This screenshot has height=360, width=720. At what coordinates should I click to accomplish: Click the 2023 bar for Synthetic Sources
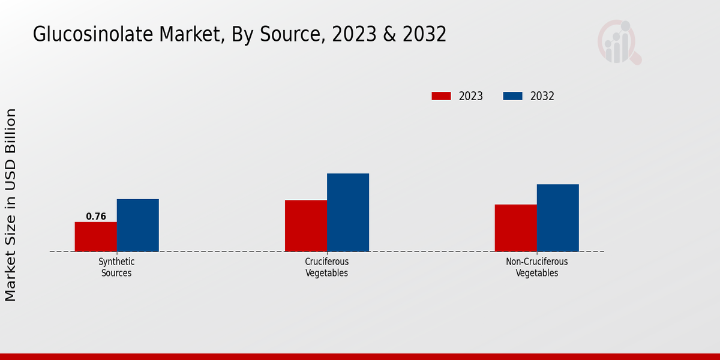(96, 236)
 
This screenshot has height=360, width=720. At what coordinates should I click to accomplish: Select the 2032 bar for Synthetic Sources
(138, 225)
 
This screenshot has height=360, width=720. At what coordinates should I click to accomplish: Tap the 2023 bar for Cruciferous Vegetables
(306, 226)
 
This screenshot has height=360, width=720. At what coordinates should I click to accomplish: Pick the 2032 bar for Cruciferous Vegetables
(348, 212)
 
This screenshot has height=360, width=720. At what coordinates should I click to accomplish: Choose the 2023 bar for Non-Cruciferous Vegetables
(516, 228)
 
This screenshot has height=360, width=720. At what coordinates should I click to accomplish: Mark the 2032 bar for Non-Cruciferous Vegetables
(558, 218)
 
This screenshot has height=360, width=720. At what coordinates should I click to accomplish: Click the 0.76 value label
(96, 217)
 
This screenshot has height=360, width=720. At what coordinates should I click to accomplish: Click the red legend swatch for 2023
(441, 96)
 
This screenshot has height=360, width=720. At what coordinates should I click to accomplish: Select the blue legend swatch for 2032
(512, 96)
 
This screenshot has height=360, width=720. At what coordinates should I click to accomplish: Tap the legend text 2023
(471, 96)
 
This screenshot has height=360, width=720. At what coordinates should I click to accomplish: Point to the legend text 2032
(542, 96)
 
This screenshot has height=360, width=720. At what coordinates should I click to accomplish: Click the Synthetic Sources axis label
(116, 268)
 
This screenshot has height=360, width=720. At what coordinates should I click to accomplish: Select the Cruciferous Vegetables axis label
(327, 268)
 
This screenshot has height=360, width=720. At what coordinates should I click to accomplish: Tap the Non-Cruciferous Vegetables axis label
(537, 268)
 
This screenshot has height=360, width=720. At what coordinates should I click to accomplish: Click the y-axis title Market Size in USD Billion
(11, 205)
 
